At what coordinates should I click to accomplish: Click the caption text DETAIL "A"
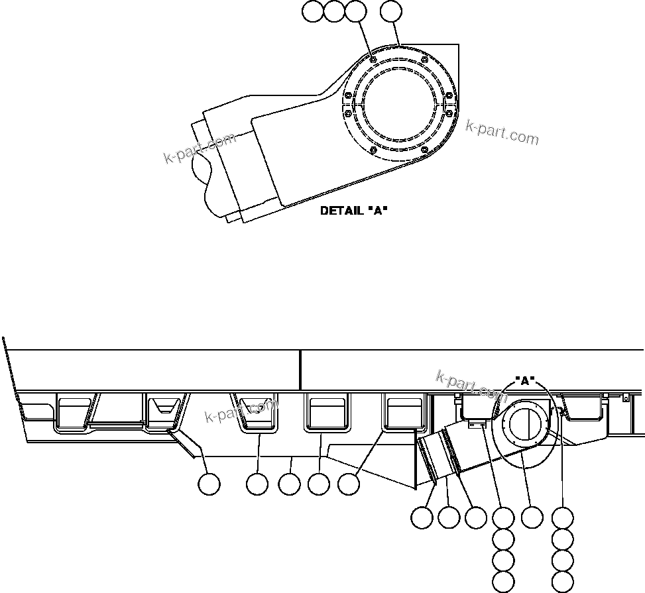click(x=353, y=211)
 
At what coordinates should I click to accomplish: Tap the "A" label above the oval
click(x=525, y=381)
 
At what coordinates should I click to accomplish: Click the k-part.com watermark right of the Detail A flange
click(x=502, y=133)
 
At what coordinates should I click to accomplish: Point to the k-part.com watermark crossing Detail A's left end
click(x=200, y=148)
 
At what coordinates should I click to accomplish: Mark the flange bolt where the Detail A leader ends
click(x=373, y=61)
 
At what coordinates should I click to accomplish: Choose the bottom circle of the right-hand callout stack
click(x=563, y=581)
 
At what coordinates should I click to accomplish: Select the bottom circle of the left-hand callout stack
click(x=504, y=581)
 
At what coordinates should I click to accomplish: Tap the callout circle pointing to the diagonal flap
click(x=209, y=484)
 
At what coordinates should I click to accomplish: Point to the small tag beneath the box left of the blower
click(x=474, y=425)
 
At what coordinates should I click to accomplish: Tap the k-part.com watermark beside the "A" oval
click(x=471, y=386)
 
